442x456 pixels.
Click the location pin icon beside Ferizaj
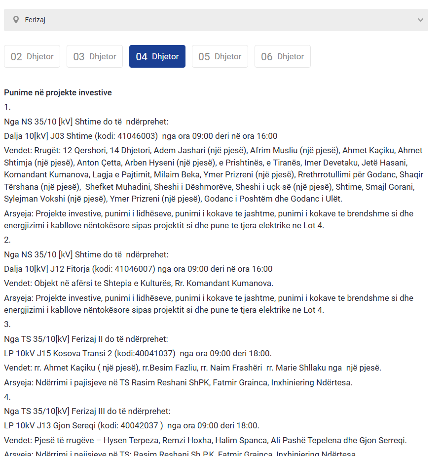16,20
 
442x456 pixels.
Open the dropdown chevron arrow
420,20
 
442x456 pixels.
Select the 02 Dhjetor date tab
32,56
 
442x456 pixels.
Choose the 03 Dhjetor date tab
95,56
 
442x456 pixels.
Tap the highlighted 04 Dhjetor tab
157,56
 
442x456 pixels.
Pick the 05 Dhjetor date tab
220,56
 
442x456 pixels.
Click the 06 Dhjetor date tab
283,56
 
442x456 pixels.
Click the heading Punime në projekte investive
58,92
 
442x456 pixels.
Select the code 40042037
143,425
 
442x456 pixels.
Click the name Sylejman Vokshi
34,199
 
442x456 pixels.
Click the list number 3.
7,324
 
